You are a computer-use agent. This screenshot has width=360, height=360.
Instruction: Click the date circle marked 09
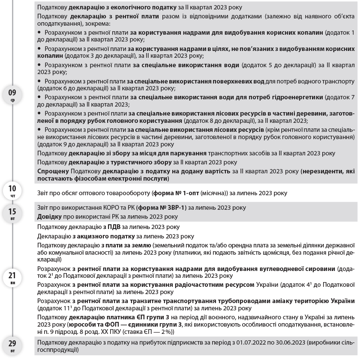click(x=12, y=94)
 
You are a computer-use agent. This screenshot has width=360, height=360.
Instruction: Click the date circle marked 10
click(x=12, y=190)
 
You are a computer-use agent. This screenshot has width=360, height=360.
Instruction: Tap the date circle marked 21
click(x=12, y=277)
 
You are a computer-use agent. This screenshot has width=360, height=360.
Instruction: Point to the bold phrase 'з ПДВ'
click(x=111, y=227)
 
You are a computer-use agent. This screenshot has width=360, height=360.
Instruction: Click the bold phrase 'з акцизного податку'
click(x=106, y=236)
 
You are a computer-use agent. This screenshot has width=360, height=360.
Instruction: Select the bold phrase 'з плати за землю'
click(x=126, y=245)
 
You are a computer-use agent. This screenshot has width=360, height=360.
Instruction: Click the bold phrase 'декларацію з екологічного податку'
click(x=117, y=7)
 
